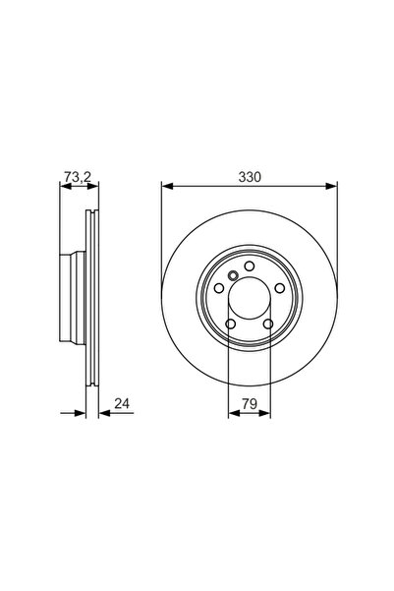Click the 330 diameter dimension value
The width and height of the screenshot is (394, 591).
point(249,177)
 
